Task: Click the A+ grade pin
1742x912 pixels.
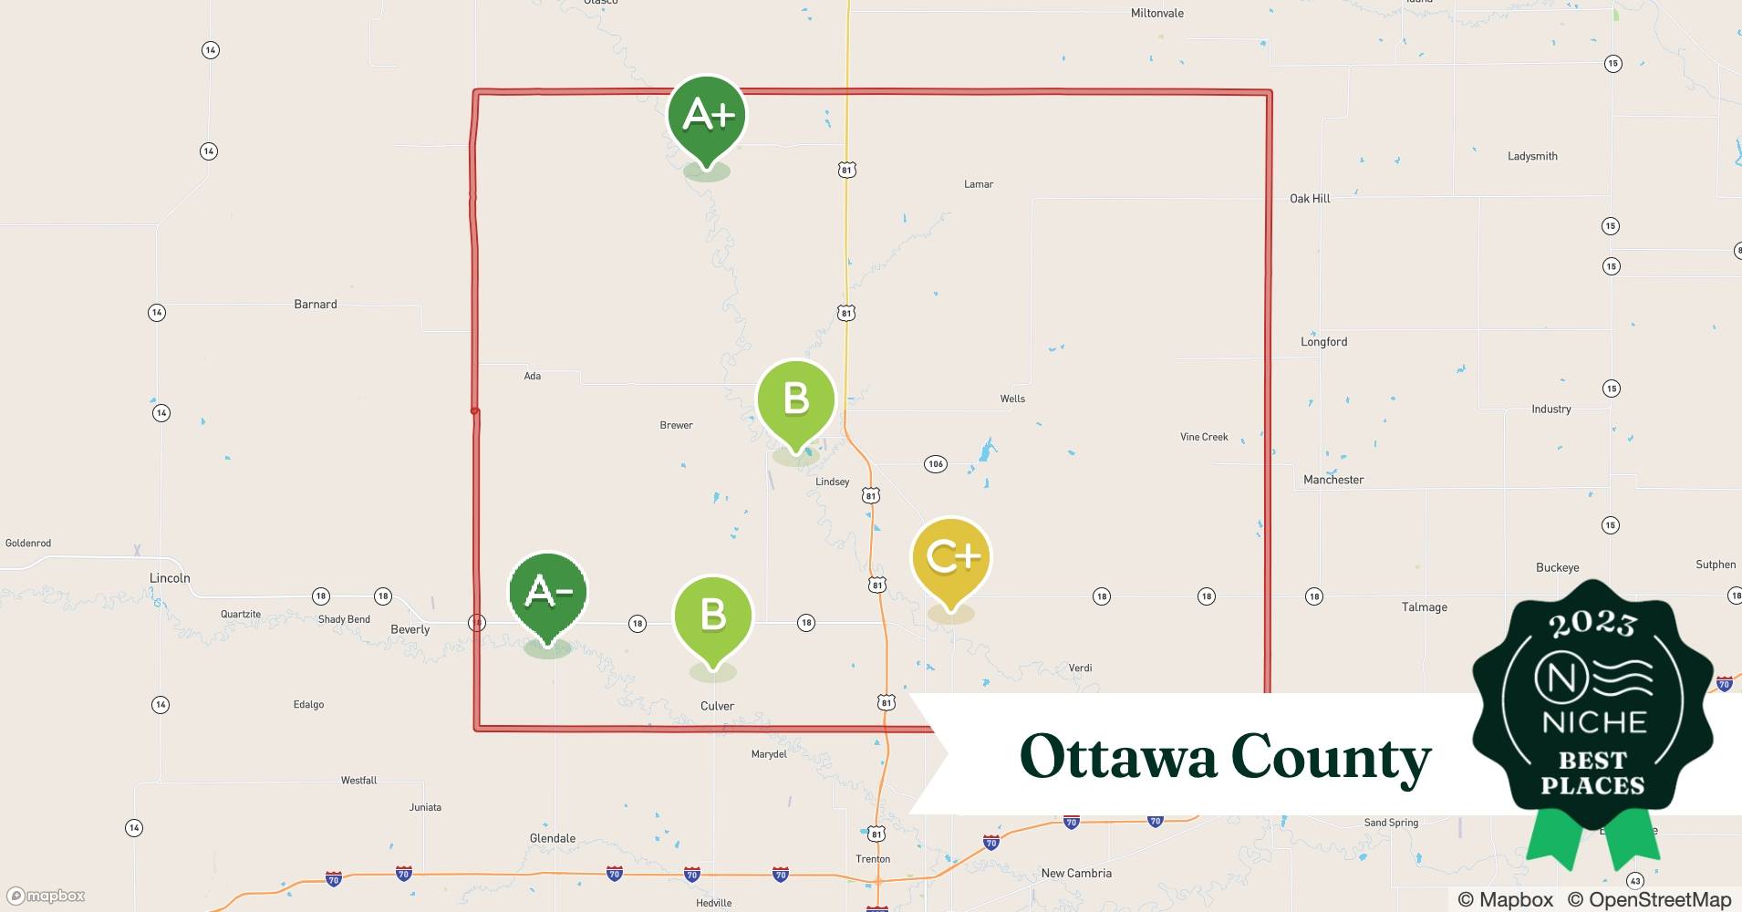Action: (x=707, y=117)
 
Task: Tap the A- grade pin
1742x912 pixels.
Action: (x=547, y=594)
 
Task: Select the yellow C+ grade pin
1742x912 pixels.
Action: (x=950, y=558)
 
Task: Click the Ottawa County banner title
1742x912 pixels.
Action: (x=1224, y=757)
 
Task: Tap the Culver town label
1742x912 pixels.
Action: (x=717, y=706)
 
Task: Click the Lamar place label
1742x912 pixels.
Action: (x=979, y=184)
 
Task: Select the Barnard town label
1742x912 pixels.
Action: (x=316, y=305)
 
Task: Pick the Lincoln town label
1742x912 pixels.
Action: (x=170, y=578)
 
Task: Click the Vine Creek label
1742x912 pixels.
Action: (x=1204, y=437)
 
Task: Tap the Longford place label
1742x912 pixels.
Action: (x=1323, y=342)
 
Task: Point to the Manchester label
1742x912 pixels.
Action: (x=1333, y=480)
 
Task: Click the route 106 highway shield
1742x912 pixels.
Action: (x=935, y=464)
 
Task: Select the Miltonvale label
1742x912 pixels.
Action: (x=1157, y=14)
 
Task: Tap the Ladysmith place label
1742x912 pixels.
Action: (x=1532, y=157)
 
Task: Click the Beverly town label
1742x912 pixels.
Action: (x=410, y=629)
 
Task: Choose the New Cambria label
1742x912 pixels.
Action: (x=1076, y=874)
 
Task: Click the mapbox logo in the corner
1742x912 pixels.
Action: (x=47, y=896)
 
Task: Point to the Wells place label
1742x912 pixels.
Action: (x=1012, y=399)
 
